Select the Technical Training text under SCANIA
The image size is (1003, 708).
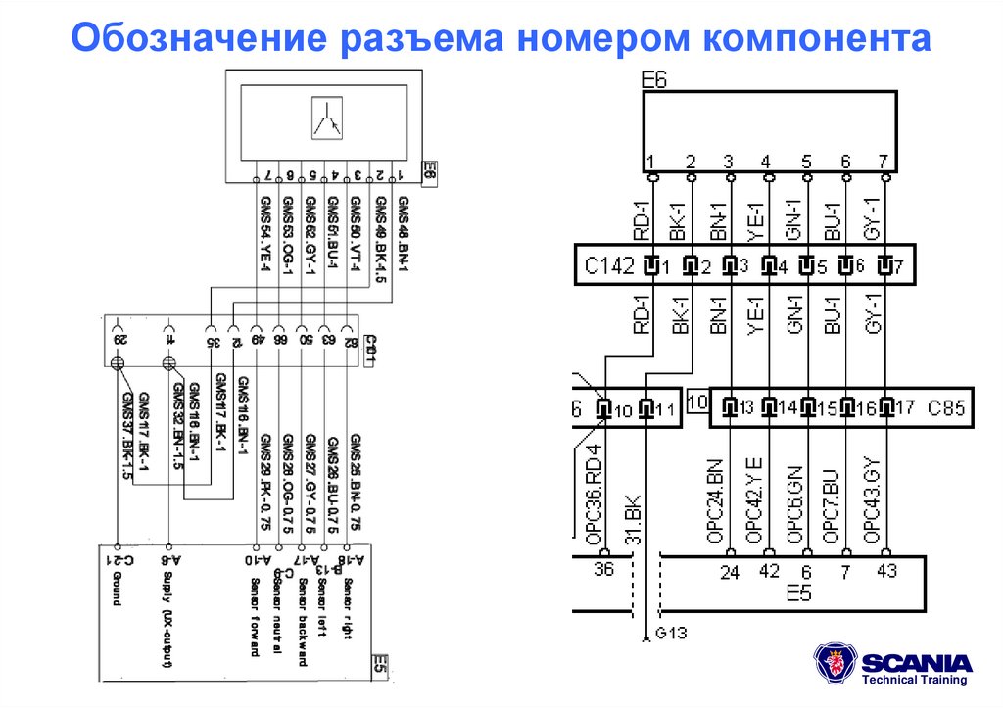914,680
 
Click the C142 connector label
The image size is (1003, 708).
609,265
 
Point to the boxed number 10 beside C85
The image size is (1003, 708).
696,401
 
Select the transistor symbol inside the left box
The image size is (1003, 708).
324,121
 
